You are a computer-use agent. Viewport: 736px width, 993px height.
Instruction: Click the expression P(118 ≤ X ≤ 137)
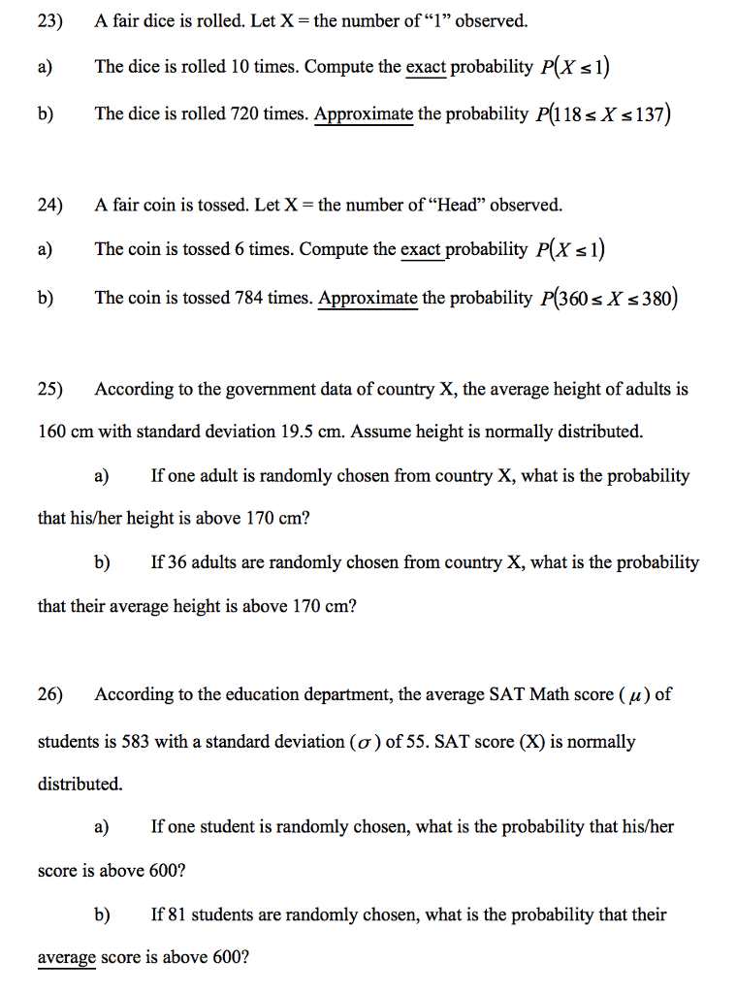pos(604,113)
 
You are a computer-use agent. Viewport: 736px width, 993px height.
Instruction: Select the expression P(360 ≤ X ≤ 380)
pos(607,298)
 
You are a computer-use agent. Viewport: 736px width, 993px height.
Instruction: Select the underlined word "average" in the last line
pos(67,958)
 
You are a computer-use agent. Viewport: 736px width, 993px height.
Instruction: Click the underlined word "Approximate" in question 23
pos(364,113)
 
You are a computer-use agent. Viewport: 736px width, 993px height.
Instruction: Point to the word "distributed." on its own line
pos(80,784)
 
